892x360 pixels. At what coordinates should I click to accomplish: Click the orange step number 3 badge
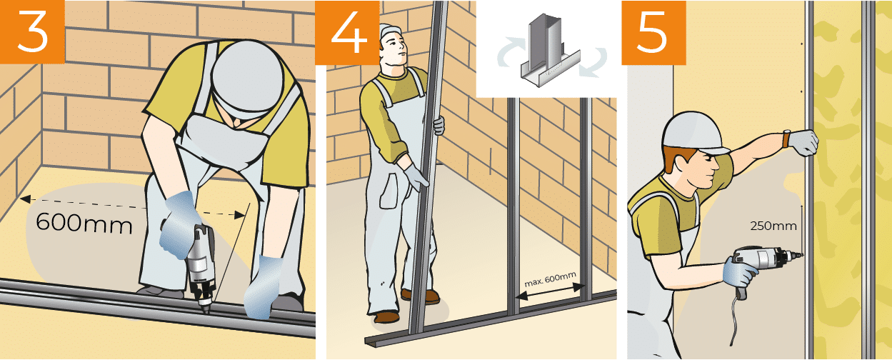[x=32, y=31]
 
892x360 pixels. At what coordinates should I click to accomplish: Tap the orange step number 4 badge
[x=347, y=32]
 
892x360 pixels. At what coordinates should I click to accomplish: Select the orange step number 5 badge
[x=654, y=32]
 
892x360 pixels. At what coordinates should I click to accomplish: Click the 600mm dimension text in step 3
[x=84, y=224]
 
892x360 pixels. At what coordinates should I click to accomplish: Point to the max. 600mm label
[x=550, y=279]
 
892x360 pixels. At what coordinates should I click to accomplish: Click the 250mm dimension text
[x=773, y=226]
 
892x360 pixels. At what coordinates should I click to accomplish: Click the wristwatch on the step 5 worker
[x=786, y=138]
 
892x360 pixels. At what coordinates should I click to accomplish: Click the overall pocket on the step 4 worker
[x=389, y=191]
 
